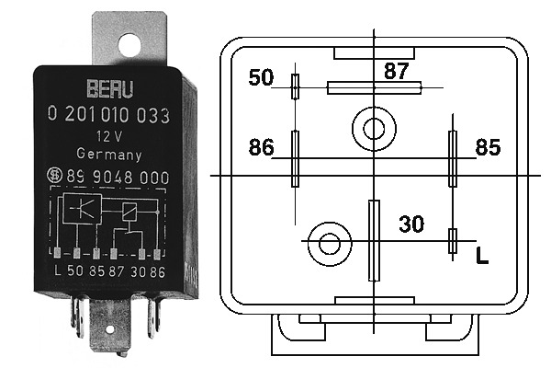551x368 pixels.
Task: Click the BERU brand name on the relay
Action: pos(110,88)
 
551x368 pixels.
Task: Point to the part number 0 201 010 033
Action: pos(108,115)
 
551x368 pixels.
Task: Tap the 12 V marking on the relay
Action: pos(109,136)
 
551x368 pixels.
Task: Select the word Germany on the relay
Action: pos(109,155)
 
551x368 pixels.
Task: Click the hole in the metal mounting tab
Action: pos(129,45)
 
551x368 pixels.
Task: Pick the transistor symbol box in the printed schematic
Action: pos(82,209)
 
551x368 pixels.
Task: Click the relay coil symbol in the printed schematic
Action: pos(129,213)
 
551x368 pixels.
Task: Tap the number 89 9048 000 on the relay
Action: pos(118,177)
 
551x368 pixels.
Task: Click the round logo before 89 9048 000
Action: pos(55,176)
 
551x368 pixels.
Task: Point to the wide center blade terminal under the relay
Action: pos(110,325)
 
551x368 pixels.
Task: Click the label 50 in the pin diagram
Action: pos(261,77)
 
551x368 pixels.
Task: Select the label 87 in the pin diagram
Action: pos(397,71)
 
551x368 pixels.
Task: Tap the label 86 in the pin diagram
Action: pos(261,147)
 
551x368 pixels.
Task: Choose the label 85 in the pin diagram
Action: pos(488,147)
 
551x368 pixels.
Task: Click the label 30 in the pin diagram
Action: pos(411,224)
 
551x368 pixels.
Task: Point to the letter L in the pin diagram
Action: pos(482,256)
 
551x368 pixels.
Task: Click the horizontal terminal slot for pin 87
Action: pos(375,87)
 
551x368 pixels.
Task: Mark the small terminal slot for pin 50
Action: pos(296,86)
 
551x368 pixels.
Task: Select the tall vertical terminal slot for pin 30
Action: pos(374,240)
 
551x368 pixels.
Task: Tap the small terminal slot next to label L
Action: pos(453,241)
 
